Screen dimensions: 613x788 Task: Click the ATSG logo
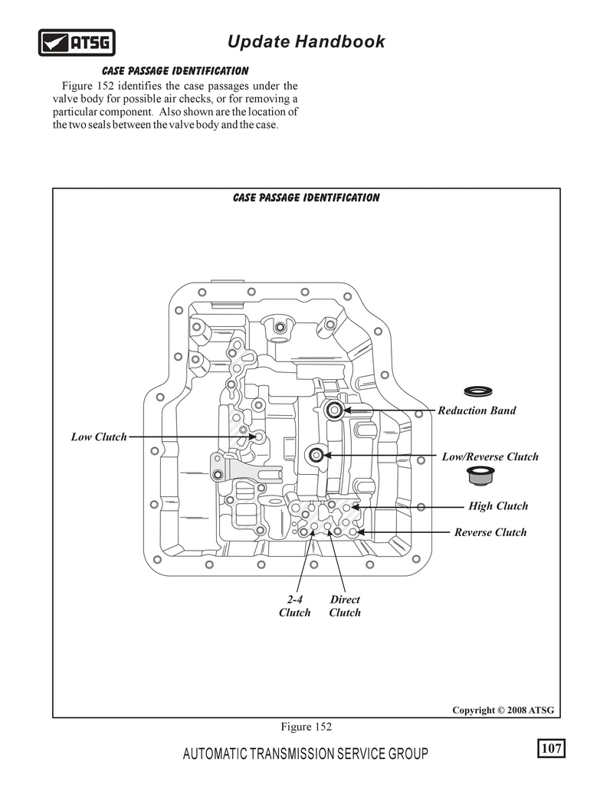[x=77, y=42]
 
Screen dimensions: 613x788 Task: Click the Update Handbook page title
[x=306, y=41]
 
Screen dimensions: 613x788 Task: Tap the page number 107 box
[x=552, y=748]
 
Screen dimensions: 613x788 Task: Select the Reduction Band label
[x=477, y=410]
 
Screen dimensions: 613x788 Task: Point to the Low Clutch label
[x=99, y=437]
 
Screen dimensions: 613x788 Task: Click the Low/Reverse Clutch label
[x=490, y=457]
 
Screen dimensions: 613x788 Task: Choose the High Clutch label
[x=498, y=506]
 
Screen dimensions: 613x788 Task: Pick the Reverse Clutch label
[x=490, y=532]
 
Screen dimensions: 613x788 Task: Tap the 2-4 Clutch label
[x=295, y=606]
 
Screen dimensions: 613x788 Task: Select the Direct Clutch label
[x=345, y=606]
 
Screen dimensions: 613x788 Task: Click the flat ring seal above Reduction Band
[x=478, y=390]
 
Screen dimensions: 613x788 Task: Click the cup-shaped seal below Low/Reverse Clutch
[x=480, y=476]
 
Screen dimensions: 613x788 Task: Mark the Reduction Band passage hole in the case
[x=334, y=410]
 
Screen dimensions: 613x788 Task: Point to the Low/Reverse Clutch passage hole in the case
[x=316, y=456]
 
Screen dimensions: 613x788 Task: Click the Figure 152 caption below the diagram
[x=306, y=727]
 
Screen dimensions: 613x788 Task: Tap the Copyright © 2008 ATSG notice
[x=503, y=710]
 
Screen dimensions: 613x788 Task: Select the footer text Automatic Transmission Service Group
[x=306, y=754]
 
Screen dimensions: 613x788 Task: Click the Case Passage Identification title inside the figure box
[x=306, y=198]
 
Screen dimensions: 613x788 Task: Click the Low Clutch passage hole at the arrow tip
[x=259, y=437]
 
